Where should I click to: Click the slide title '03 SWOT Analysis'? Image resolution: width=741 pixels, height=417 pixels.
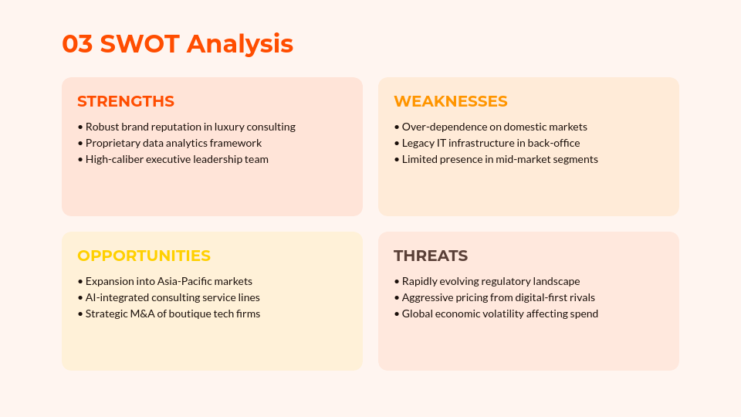(178, 43)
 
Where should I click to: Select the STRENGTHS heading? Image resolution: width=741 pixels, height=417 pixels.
(126, 101)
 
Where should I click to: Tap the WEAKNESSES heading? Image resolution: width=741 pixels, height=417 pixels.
(450, 101)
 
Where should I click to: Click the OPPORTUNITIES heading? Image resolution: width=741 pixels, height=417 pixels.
(144, 256)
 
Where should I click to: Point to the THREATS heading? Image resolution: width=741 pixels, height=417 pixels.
(430, 256)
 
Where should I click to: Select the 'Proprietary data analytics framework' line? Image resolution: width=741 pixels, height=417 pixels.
(173, 143)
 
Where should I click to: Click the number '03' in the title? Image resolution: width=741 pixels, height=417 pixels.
(77, 43)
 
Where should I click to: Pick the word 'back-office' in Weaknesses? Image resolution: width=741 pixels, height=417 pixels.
(553, 143)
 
